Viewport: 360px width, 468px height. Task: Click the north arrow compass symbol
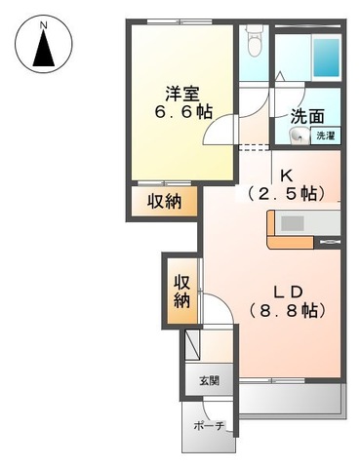point(43,49)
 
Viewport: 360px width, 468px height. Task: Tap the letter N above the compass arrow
point(43,20)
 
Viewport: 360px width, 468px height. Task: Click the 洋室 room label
point(182,94)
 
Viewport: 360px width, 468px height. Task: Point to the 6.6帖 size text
point(181,112)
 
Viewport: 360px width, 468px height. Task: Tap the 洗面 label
point(306,115)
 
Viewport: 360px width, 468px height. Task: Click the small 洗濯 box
point(324,136)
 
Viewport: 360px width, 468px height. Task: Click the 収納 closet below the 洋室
point(165,201)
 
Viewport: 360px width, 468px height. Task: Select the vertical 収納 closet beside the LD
point(181,291)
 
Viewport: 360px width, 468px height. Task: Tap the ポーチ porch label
point(210,426)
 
